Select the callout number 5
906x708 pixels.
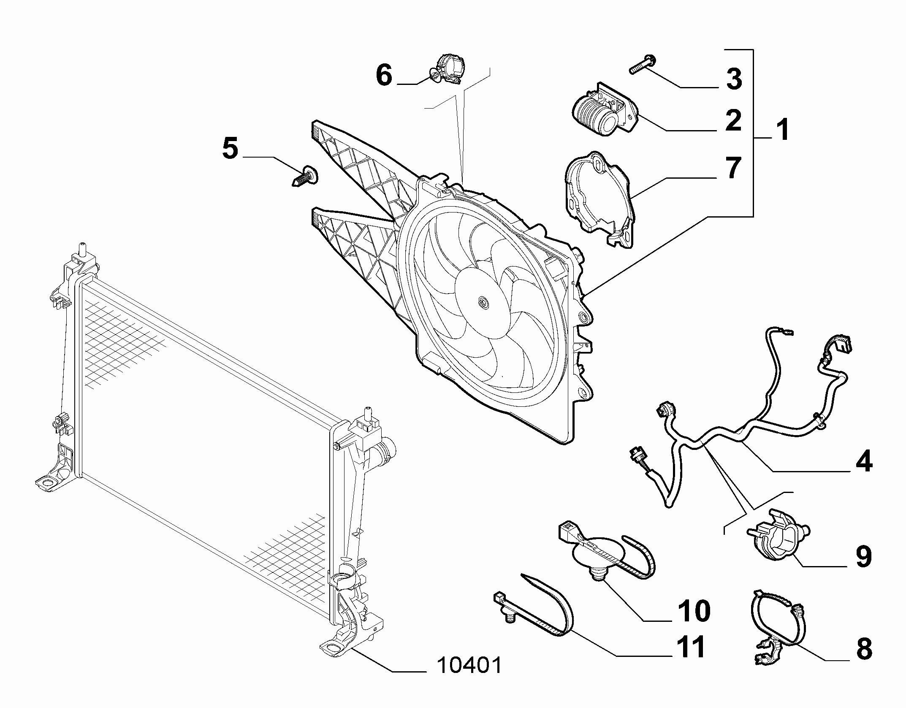pyautogui.click(x=230, y=149)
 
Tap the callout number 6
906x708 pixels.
pyautogui.click(x=384, y=76)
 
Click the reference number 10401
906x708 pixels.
pyautogui.click(x=469, y=666)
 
